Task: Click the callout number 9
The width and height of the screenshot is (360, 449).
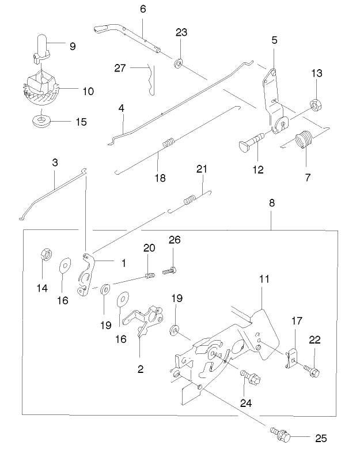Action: click(x=72, y=46)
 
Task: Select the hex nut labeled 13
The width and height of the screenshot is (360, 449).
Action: click(x=316, y=104)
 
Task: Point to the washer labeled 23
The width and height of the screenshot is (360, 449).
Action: click(x=179, y=62)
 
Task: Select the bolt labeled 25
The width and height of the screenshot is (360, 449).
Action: click(x=279, y=432)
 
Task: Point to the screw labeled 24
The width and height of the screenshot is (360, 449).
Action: click(x=251, y=378)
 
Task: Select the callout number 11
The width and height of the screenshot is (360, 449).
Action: click(x=264, y=278)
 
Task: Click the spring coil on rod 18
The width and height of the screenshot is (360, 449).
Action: click(x=168, y=144)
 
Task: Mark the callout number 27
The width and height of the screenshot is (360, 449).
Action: click(x=120, y=67)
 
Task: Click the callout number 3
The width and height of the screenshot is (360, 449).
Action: click(x=55, y=163)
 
